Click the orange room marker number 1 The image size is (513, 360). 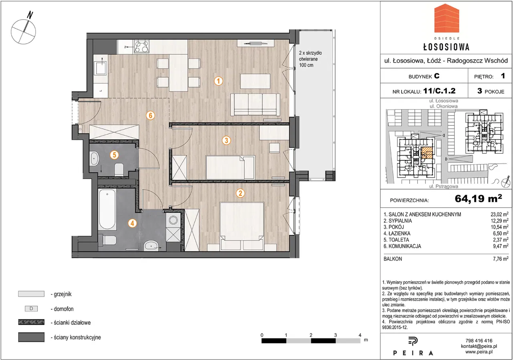point(218,81)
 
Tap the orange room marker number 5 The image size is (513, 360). point(114,155)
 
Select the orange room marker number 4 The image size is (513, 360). point(132,223)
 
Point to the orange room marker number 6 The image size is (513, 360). point(150,115)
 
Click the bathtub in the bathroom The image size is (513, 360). point(107,209)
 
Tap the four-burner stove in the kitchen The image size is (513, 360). point(142,47)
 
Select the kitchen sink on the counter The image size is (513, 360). point(101,67)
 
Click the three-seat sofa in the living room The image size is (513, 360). point(255,104)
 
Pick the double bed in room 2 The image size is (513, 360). point(242,226)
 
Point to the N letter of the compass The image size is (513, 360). point(30,15)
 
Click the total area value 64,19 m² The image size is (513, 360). point(478,198)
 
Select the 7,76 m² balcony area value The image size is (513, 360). point(501,259)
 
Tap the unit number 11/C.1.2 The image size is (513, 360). point(439,91)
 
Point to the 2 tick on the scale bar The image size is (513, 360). point(311,335)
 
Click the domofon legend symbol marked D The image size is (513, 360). point(31,308)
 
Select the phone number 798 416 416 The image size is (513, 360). point(479,340)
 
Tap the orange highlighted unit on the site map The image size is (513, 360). point(427,153)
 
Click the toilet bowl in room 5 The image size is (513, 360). point(119,169)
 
